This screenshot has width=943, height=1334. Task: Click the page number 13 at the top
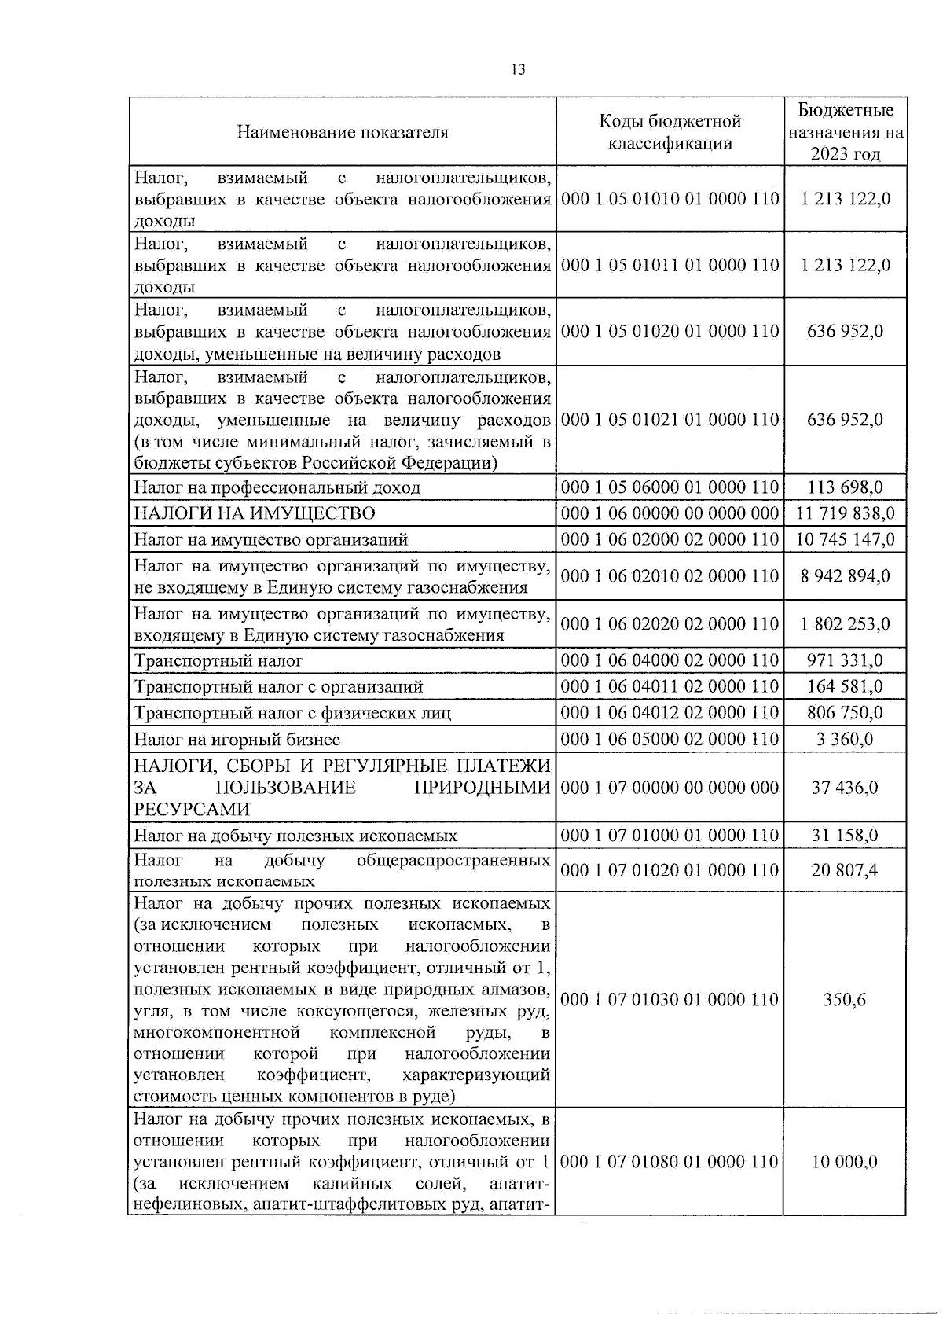coord(517,69)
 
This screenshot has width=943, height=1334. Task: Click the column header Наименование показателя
coord(343,132)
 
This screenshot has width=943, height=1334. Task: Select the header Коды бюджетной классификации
coord(670,132)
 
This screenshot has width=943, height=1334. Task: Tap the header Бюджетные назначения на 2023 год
coord(846,131)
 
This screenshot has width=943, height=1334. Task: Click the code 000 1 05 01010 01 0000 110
coord(670,199)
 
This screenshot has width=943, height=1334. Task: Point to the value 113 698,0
coord(846,487)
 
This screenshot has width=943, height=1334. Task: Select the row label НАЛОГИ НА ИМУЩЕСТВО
coord(255,513)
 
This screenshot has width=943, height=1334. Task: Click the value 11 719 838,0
coord(846,513)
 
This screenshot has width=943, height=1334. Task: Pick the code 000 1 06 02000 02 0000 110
coord(670,539)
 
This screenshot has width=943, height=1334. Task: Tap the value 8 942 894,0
coord(846,576)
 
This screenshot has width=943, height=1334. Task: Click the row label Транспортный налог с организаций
coord(278,686)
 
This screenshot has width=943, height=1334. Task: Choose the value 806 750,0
coord(846,712)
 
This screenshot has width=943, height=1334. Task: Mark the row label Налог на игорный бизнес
coord(237,739)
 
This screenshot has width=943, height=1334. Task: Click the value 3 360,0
coord(846,739)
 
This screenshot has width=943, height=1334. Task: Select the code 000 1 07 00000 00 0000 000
coord(670,788)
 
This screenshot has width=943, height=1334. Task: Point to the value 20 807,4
coord(846,870)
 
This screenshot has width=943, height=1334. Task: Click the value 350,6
coord(846,999)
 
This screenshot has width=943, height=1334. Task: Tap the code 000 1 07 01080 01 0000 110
coord(670,1161)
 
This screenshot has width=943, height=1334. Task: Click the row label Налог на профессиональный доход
coord(277,487)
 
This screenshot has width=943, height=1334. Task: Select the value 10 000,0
coord(846,1161)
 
